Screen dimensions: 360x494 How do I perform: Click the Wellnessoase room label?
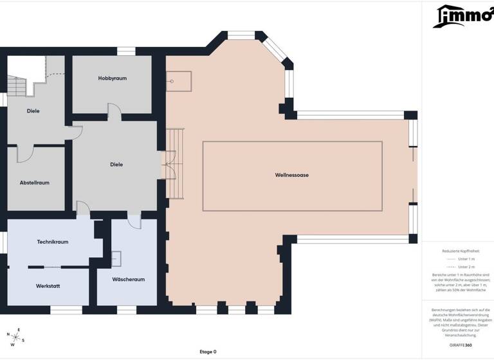(x=292, y=175)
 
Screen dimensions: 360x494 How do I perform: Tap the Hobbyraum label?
(x=112, y=78)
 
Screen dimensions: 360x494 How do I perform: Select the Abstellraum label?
(x=34, y=183)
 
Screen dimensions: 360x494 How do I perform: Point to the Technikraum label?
(x=52, y=242)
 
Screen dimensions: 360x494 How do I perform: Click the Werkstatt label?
(x=48, y=285)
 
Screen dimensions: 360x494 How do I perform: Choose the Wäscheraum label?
(x=128, y=280)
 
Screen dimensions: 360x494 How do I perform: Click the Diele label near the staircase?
(x=33, y=111)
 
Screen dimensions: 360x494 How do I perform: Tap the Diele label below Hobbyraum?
(x=116, y=165)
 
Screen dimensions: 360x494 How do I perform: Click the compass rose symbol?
(x=16, y=335)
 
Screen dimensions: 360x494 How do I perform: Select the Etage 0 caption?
(x=208, y=352)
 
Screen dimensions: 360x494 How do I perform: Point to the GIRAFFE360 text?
(x=460, y=345)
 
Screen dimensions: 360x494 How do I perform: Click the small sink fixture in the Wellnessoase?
(x=172, y=82)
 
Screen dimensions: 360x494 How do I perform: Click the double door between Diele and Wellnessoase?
(x=169, y=165)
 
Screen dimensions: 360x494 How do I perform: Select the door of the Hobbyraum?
(x=114, y=113)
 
